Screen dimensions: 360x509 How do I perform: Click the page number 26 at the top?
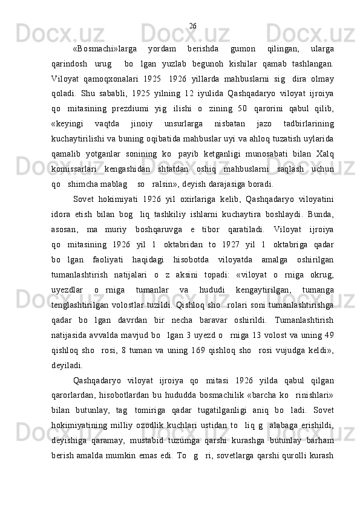pyautogui.click(x=192, y=25)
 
